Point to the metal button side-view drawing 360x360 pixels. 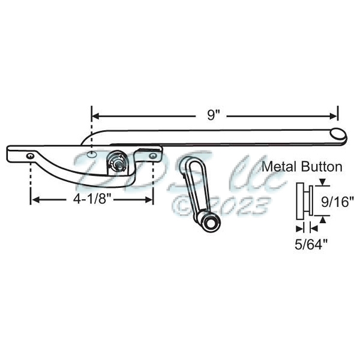click(x=304, y=202)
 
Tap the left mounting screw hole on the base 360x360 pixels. click(x=30, y=155)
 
